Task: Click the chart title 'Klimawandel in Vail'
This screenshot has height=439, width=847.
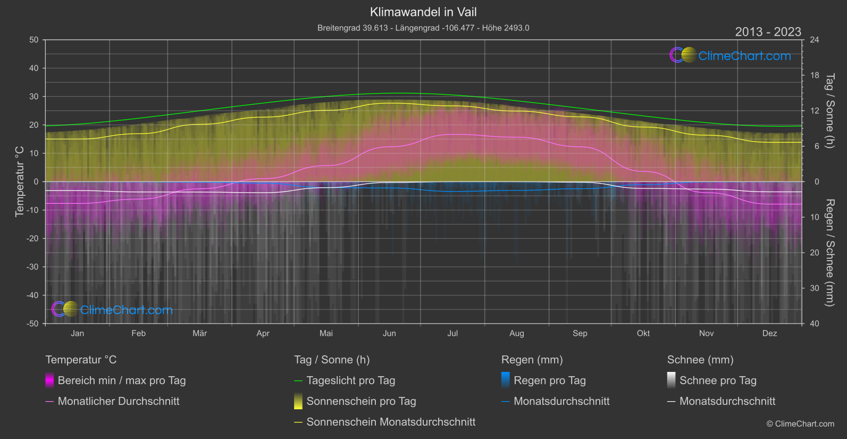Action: [x=423, y=12]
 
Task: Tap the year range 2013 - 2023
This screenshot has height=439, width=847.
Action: [x=768, y=32]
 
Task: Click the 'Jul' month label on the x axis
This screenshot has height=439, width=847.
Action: [x=452, y=334]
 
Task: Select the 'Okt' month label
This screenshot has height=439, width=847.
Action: [x=643, y=334]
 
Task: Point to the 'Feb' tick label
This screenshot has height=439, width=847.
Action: [x=138, y=334]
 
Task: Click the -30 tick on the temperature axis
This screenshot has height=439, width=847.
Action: [x=33, y=267]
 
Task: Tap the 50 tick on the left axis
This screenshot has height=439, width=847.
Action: [x=34, y=40]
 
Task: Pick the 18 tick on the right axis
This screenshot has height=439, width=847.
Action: [x=815, y=76]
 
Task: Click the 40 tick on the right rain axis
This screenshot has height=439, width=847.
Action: [x=815, y=324]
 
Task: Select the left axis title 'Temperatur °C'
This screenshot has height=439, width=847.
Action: [x=20, y=181]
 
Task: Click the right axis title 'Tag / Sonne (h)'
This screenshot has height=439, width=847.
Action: [x=829, y=111]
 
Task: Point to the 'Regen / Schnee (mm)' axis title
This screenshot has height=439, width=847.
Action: [x=829, y=253]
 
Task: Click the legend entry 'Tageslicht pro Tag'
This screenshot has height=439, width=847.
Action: [x=351, y=380]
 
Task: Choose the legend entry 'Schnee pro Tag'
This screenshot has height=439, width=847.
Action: [x=718, y=380]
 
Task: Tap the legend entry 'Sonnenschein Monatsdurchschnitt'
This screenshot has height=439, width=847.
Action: [x=391, y=422]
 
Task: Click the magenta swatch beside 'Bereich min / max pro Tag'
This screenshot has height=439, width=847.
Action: [x=49, y=380]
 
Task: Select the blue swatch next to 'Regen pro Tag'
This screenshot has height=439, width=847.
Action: [x=506, y=380]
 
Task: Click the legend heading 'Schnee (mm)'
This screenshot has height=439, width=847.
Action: [x=700, y=360]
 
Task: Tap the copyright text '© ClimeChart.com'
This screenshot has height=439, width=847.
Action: [x=800, y=424]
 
